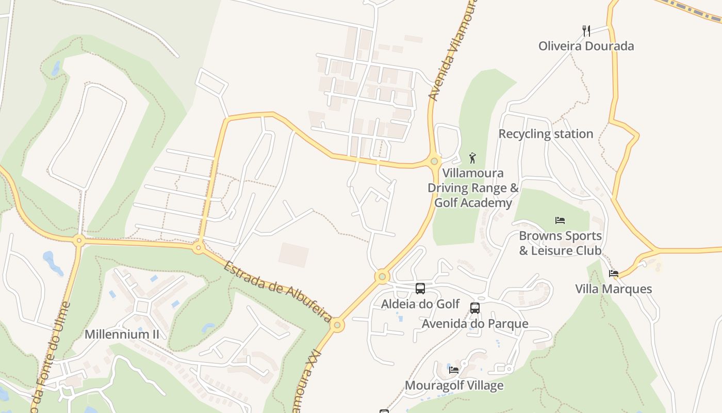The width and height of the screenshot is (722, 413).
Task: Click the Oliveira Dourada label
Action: pos(586,46)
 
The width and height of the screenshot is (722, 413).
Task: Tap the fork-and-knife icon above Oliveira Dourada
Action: pos(586,31)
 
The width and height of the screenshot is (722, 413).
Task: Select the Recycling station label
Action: pos(546,134)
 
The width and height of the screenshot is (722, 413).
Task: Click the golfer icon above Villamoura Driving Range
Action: pos(472,157)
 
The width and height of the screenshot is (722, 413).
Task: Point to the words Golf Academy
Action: pos(473,203)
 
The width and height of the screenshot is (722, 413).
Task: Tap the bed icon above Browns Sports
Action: pos(560,220)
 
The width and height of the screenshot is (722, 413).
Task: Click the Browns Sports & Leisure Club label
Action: pos(560,243)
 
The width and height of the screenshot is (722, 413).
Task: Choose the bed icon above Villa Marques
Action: pos(613,274)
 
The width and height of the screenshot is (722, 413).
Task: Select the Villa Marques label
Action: pos(613,289)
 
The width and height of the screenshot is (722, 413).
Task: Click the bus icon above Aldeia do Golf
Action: pos(420,289)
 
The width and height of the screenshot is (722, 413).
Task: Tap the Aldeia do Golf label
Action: pos(420,304)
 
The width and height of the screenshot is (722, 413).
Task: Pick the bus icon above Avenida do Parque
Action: pos(475,308)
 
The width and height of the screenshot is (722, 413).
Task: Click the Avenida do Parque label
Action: pos(475,324)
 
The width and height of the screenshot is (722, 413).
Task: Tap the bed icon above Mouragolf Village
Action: pos(454,370)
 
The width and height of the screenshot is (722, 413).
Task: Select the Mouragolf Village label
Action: pos(454,385)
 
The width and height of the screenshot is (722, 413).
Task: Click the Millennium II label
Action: pos(122,334)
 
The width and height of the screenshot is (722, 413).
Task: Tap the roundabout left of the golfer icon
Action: pos(434,161)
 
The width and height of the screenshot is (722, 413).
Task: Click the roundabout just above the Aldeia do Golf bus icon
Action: pos(382,277)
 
